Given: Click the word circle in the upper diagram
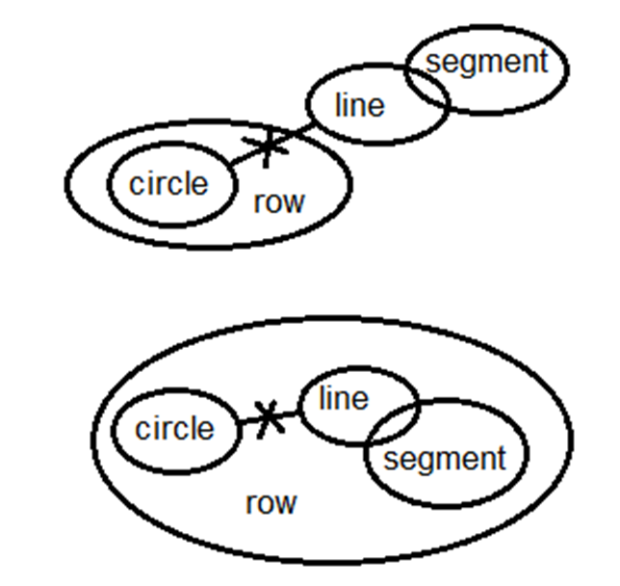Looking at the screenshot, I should coord(168,184).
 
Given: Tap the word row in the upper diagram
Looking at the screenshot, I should coord(278,201).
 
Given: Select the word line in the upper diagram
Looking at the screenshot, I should coord(359,105).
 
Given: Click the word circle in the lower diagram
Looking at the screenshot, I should coord(174,429).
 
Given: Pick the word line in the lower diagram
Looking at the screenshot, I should coord(343,397).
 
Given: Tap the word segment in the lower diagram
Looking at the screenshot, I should coord(444,458).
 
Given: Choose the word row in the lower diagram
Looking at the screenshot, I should coord(271,502).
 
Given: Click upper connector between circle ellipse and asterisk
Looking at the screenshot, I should coord(245,159).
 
